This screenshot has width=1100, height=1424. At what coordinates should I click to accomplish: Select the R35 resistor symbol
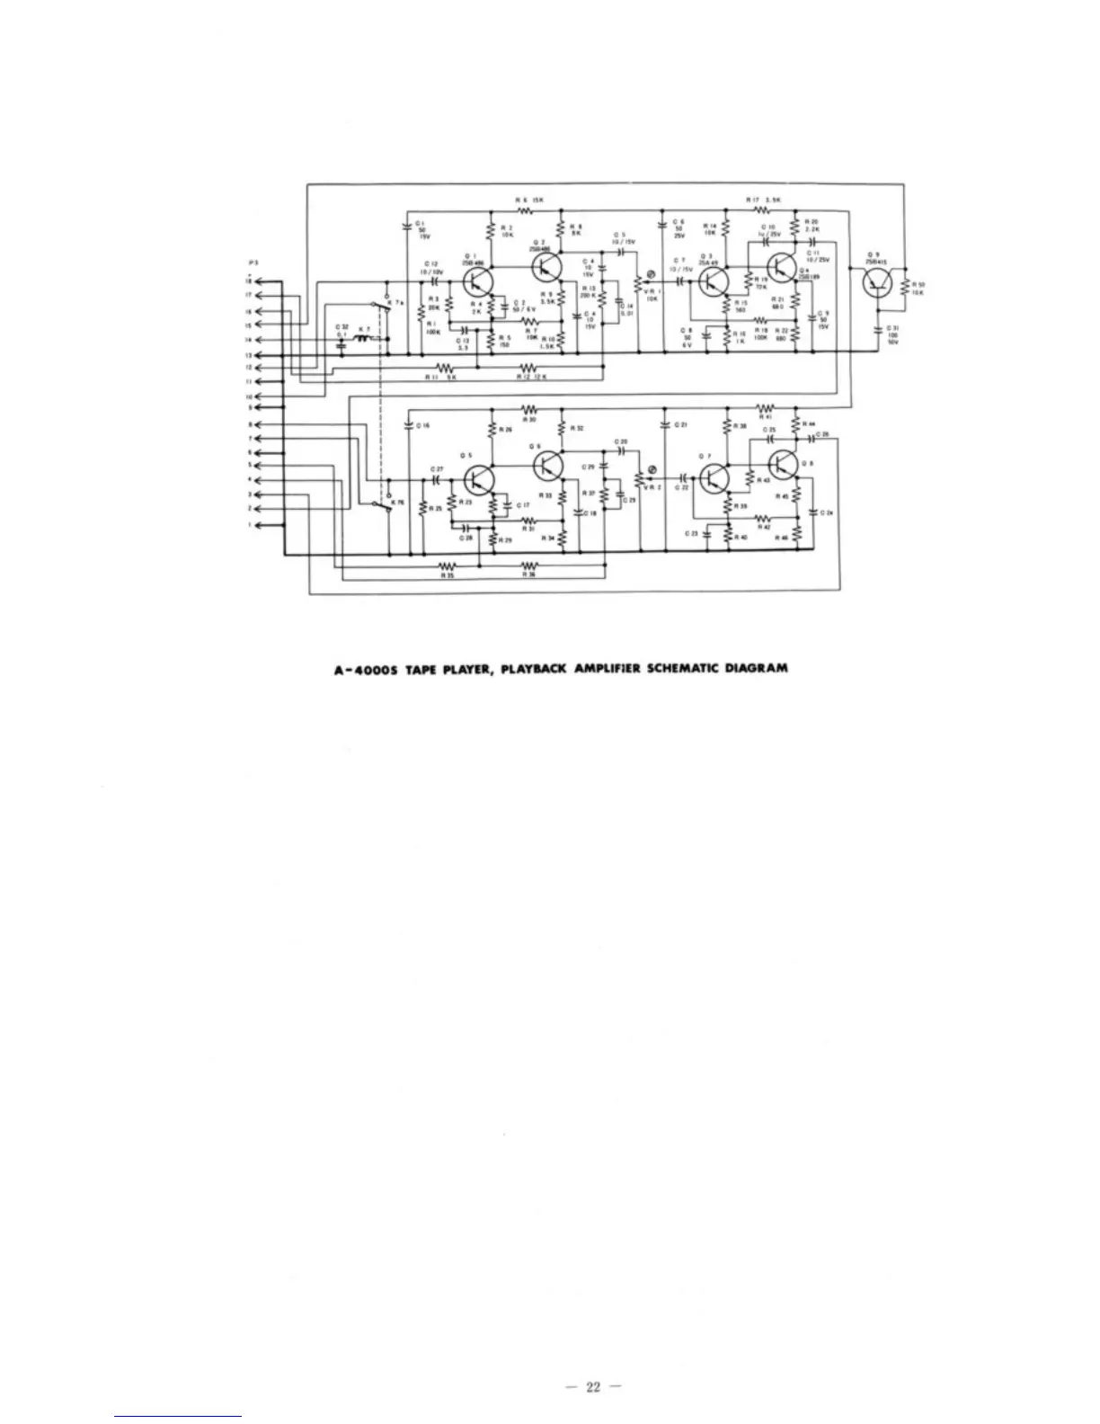pyautogui.click(x=447, y=565)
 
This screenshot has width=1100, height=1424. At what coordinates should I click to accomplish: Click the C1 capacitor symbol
pyautogui.click(x=409, y=226)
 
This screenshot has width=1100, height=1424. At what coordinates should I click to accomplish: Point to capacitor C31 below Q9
pyautogui.click(x=881, y=330)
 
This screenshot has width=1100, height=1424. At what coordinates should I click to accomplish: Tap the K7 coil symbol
pyautogui.click(x=365, y=341)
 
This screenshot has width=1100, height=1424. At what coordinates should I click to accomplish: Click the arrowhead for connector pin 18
pyautogui.click(x=260, y=281)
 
